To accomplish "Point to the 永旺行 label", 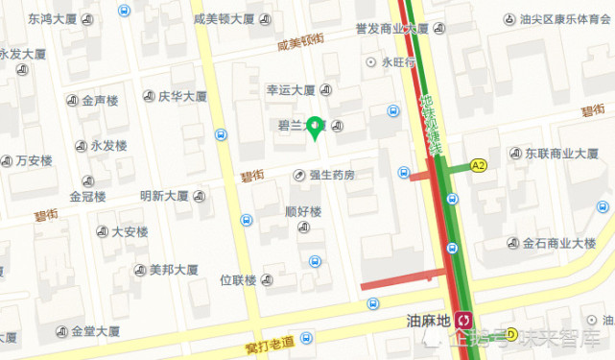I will [398, 62].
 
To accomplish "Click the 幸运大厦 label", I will [291, 90].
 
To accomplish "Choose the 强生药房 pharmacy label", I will [331, 175].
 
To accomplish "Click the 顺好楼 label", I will [303, 211].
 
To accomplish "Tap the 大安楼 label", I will [130, 231].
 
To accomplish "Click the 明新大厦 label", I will [164, 196].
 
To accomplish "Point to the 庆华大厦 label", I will [181, 96].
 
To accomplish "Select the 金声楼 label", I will [99, 100].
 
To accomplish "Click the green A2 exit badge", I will [478, 166].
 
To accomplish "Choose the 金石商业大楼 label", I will [559, 244].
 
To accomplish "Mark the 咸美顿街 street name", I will [300, 42].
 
